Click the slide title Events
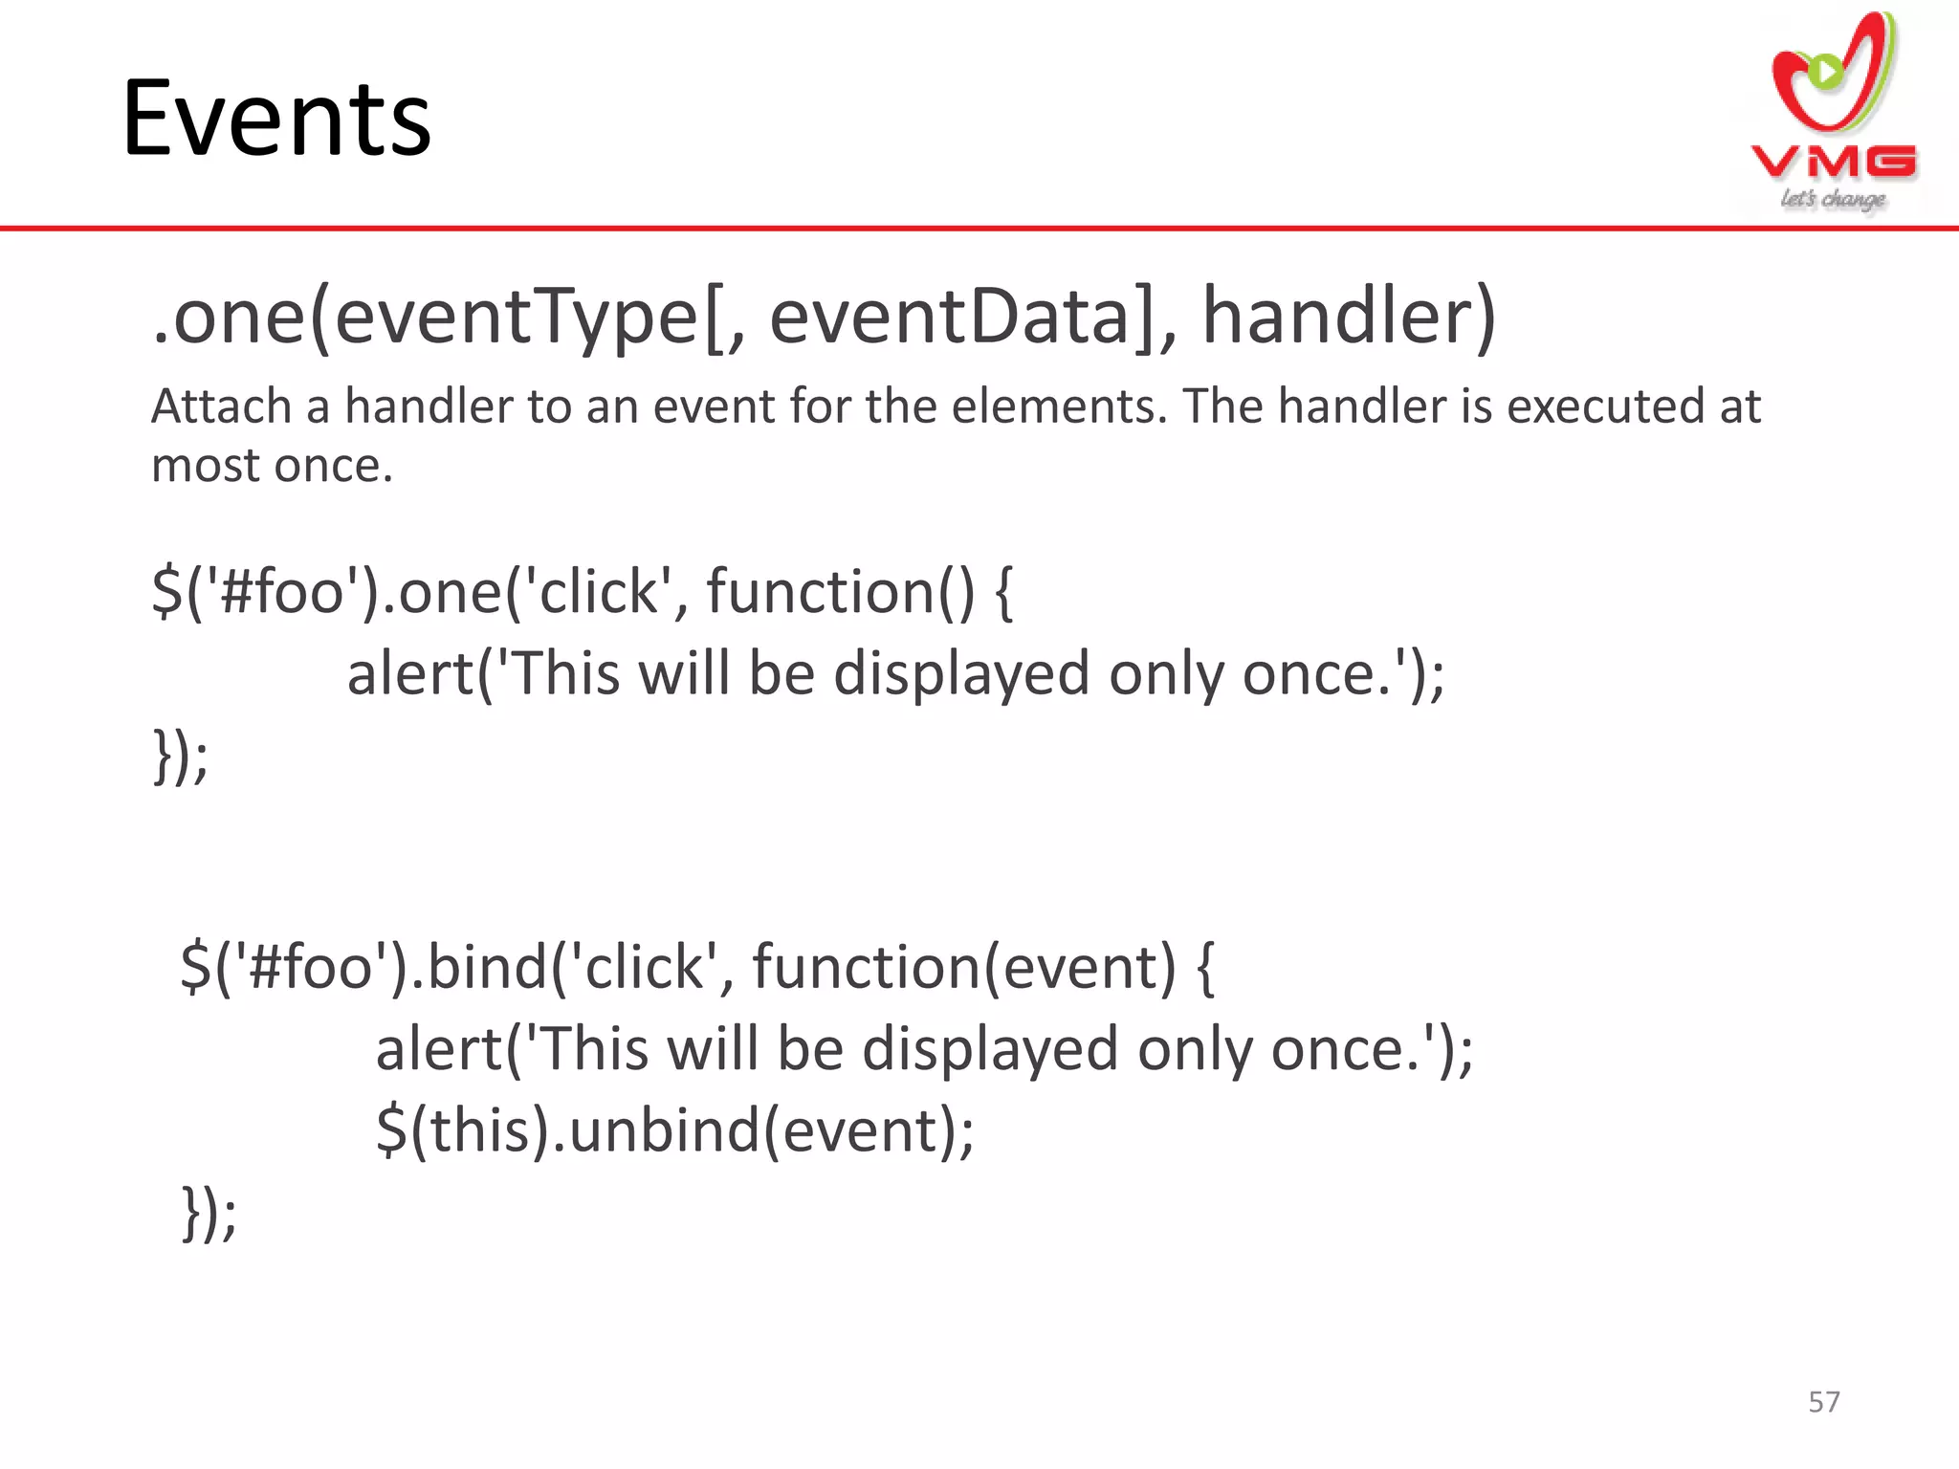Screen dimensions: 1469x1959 pos(276,119)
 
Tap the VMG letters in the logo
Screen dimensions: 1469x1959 pos(1833,162)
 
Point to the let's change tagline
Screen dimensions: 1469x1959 pos(1832,199)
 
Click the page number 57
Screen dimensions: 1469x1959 pos(1823,1401)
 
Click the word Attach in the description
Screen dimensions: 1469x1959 pos(221,406)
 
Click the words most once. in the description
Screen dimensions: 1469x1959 pos(272,466)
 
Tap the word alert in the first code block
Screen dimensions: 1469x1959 pos(409,673)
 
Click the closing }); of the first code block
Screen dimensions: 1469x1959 pos(180,756)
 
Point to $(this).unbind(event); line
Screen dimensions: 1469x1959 pos(674,1130)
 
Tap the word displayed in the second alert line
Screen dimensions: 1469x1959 pos(989,1048)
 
